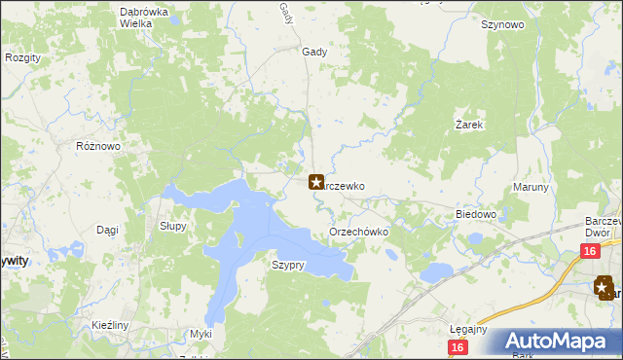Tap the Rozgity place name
[x=22, y=58]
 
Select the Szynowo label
[x=502, y=25]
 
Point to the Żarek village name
[x=470, y=126]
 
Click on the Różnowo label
[x=97, y=146]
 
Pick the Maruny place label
[x=531, y=188]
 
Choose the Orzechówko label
[x=359, y=233]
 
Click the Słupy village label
[x=172, y=225]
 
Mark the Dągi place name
[x=107, y=230]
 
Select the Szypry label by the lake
[x=289, y=265]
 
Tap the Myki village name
[x=201, y=334]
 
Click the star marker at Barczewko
[x=316, y=182]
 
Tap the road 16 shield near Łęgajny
[x=458, y=347]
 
